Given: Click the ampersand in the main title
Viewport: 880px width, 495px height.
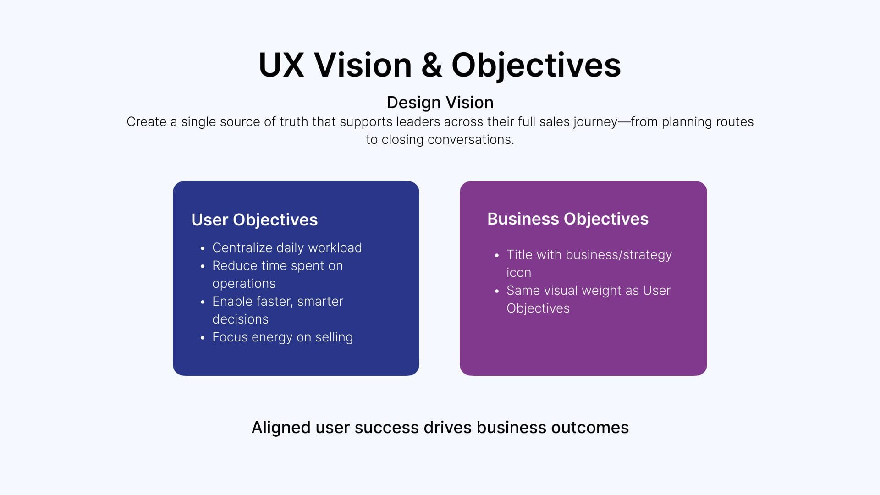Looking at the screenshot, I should tap(431, 65).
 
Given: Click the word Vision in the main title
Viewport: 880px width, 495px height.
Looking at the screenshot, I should tap(363, 65).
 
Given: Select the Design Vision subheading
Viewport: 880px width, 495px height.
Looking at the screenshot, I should tap(440, 102).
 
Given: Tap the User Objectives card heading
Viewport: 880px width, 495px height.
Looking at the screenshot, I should tap(254, 220).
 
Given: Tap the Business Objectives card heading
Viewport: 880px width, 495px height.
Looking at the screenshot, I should tap(567, 219).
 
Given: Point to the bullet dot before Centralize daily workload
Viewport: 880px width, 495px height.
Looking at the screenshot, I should tap(203, 248).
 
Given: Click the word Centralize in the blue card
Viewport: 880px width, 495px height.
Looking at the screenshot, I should tap(242, 247).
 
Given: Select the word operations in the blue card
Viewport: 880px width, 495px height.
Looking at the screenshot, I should tap(244, 284).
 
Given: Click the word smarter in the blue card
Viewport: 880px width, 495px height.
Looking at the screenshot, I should tap(320, 301).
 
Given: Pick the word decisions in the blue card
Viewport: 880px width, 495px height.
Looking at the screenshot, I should tap(240, 319).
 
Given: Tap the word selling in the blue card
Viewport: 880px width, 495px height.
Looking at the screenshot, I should tap(334, 337).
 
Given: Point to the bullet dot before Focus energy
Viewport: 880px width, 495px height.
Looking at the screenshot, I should tap(203, 338).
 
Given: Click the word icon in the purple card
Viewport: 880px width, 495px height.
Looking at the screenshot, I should tap(518, 272).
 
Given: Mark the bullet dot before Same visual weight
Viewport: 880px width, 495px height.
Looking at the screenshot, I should tap(497, 291).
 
